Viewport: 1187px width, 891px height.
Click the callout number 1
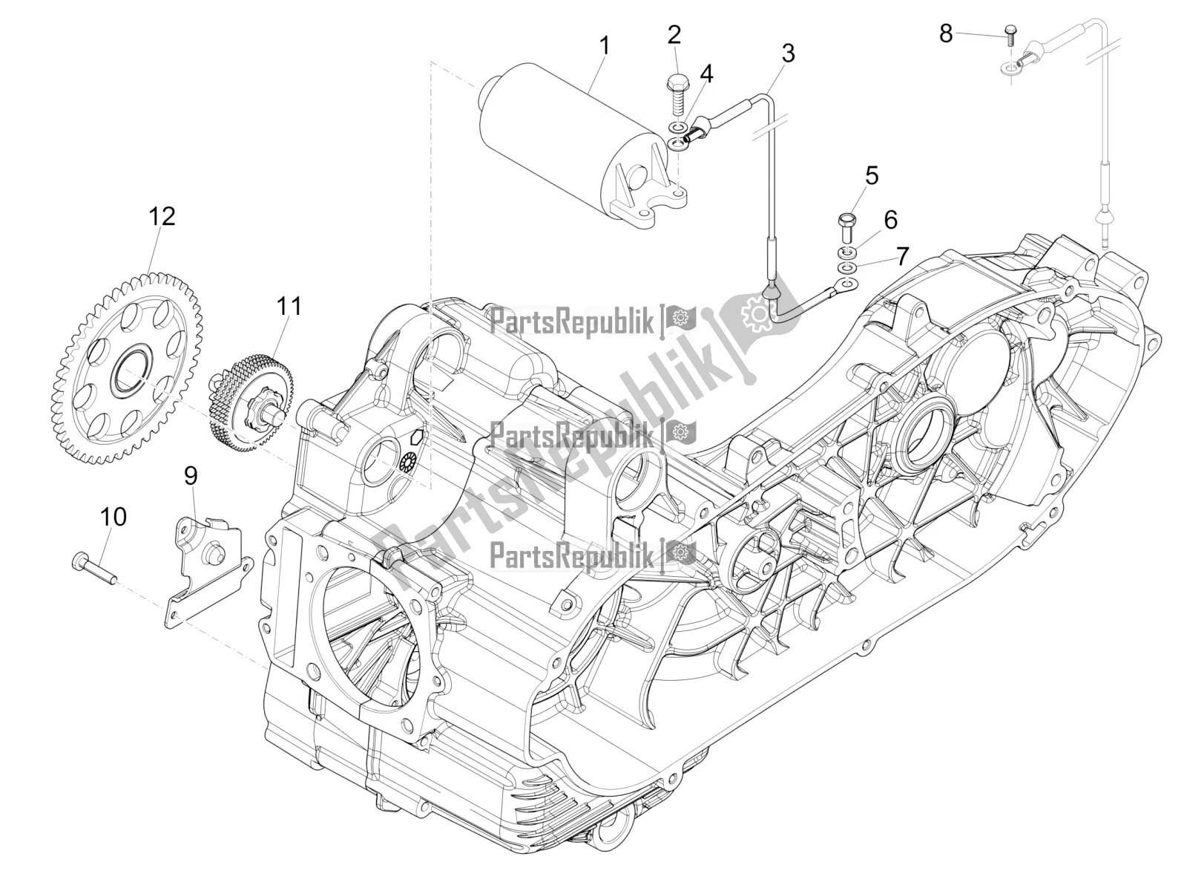point(605,46)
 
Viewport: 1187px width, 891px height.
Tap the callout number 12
point(162,217)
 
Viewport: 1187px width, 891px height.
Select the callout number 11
point(289,305)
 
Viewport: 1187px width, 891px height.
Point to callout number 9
point(191,476)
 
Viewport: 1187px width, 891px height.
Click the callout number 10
point(114,517)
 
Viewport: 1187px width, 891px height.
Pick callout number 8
point(946,33)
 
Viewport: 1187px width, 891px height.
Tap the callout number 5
point(872,176)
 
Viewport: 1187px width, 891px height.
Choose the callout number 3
point(788,53)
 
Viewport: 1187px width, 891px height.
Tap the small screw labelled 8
point(1010,33)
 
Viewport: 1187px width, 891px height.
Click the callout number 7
point(901,257)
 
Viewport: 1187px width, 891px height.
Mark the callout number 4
point(706,73)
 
